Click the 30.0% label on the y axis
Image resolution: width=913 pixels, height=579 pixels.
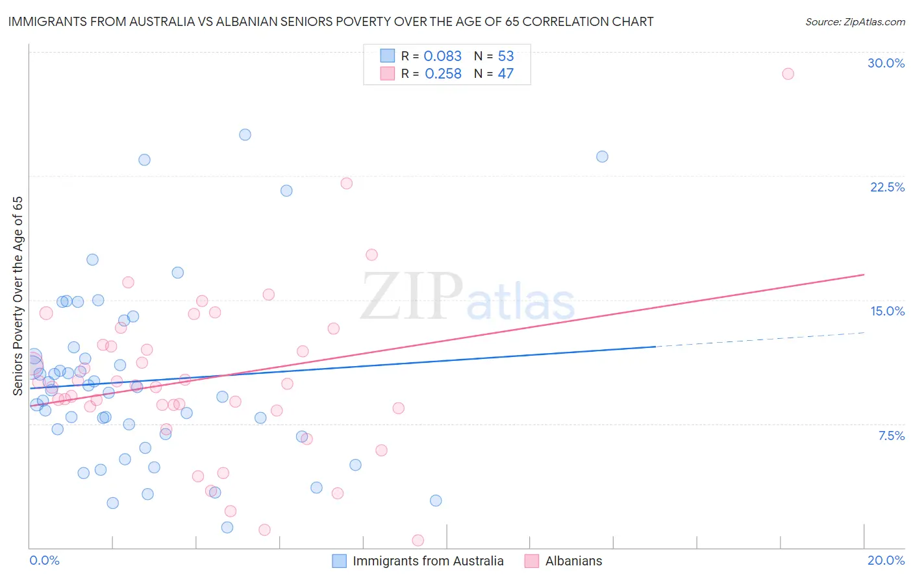coord(886,63)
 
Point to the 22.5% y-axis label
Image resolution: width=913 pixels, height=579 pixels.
coord(887,187)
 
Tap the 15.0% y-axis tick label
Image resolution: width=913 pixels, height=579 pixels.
coord(887,311)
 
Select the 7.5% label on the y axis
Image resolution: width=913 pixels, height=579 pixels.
coord(891,436)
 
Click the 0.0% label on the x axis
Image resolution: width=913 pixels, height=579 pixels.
coord(44,560)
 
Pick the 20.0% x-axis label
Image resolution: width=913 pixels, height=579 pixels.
coord(886,560)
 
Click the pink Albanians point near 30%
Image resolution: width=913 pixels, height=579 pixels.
coord(788,73)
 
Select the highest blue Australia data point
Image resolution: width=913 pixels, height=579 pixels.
coord(245,134)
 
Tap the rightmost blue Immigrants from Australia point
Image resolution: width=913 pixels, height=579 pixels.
coord(602,156)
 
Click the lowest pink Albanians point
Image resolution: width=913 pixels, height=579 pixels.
coord(418,540)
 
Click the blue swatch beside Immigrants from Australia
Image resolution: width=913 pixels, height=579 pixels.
coord(339,561)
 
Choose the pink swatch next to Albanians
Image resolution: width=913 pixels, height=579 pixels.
coord(532,561)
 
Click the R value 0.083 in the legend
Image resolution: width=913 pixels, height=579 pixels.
coord(442,56)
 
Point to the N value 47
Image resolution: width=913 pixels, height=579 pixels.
coord(505,74)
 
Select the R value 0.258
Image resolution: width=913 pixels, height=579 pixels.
coord(443,74)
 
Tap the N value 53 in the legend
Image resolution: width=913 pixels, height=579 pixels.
coord(506,56)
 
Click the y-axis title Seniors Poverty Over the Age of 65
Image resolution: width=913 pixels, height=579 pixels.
coord(18,295)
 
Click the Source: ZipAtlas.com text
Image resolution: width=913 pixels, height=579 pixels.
coord(855,22)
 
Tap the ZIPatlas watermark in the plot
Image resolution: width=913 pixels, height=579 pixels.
coord(468,297)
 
